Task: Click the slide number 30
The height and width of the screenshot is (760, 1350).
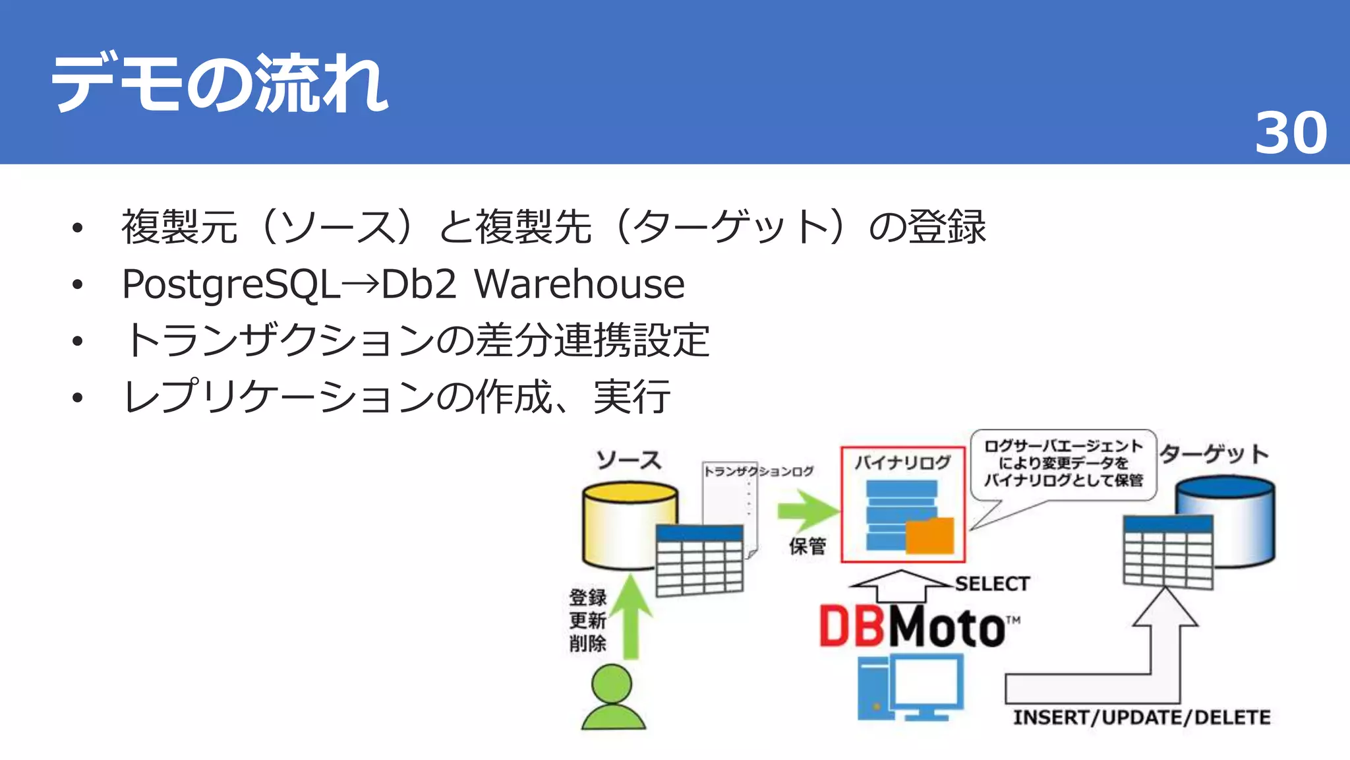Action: [1290, 133]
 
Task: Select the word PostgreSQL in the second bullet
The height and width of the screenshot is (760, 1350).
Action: [231, 285]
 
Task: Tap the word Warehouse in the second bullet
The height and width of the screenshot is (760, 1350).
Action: [579, 284]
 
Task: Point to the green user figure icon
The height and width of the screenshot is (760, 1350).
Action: [612, 697]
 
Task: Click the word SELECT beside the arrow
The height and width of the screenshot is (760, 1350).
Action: [992, 584]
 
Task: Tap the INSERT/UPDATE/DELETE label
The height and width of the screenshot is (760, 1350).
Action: [1142, 718]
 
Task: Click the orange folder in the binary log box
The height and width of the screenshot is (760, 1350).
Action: [929, 536]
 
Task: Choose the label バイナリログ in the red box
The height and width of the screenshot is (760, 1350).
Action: [902, 462]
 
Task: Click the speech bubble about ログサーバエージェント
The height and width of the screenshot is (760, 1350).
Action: [1063, 464]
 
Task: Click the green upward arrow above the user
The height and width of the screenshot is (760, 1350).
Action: [631, 617]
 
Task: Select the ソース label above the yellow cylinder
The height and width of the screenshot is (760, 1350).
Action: [628, 460]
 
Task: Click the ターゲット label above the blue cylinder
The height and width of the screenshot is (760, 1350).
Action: [1214, 454]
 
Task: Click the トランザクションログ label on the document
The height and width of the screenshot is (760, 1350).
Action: [758, 471]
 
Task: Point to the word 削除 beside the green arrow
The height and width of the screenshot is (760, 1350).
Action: [587, 643]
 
